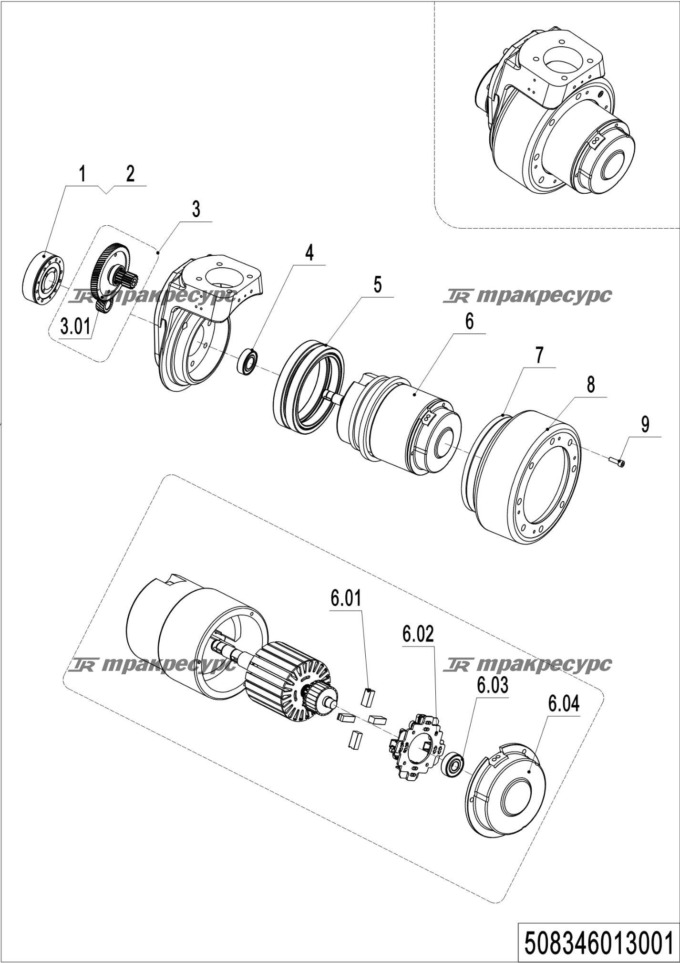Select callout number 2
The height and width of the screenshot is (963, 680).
coord(130,174)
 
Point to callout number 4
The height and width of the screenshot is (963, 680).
coord(309,252)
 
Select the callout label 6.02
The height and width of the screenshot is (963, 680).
coord(418,634)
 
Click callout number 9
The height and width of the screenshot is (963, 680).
coord(645,424)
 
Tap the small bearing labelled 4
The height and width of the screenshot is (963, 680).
coord(248,361)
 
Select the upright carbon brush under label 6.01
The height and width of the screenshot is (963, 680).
coord(368,697)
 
